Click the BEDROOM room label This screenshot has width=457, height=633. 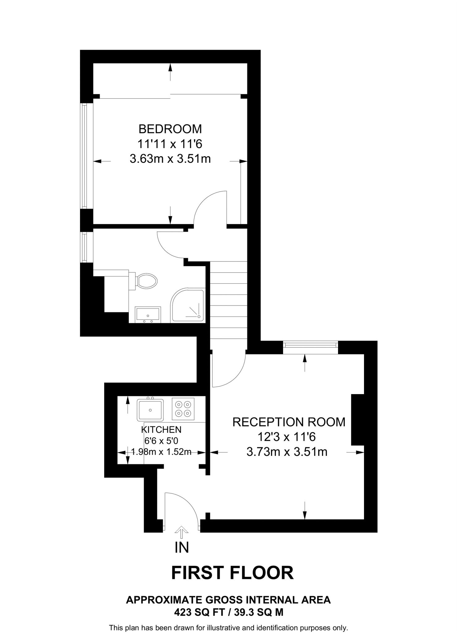[170, 129]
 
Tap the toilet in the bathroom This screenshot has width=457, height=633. [145, 281]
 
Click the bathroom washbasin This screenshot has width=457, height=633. [148, 315]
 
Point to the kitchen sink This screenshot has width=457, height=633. [150, 410]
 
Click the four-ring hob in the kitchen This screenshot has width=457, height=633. [183, 409]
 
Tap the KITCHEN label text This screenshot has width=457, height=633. [161, 429]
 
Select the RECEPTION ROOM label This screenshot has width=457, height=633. [289, 422]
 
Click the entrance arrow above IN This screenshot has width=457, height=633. [181, 532]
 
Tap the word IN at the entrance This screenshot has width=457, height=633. [182, 547]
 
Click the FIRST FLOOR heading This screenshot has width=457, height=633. [232, 573]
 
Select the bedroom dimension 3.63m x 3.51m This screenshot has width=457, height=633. [170, 159]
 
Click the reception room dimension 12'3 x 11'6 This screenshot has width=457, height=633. [286, 437]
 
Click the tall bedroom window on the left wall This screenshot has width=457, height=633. [83, 156]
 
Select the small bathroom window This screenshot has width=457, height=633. [83, 247]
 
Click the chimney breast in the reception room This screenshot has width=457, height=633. [358, 420]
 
